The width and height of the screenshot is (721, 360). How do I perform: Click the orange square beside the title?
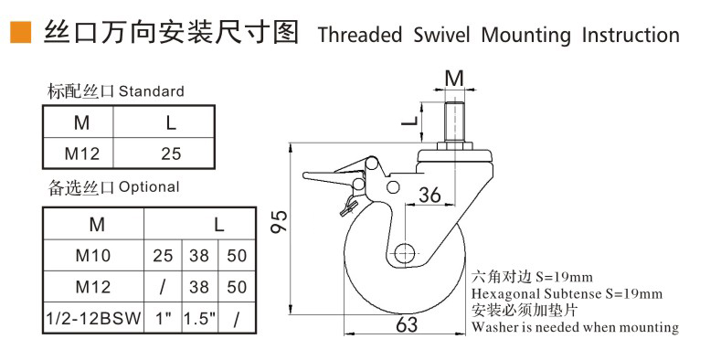(x=21, y=32)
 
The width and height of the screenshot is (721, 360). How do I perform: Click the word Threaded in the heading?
(x=359, y=35)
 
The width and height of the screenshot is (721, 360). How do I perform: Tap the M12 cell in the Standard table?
(x=82, y=154)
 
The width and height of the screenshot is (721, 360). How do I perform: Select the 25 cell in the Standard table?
(x=171, y=154)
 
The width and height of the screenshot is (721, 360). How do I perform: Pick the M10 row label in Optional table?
(x=93, y=255)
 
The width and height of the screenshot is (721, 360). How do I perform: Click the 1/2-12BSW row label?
(x=93, y=318)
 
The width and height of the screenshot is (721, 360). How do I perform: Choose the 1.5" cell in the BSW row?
(x=199, y=318)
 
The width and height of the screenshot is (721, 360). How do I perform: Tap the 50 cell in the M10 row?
(x=237, y=255)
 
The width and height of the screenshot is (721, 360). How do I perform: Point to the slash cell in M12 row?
(x=163, y=286)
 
